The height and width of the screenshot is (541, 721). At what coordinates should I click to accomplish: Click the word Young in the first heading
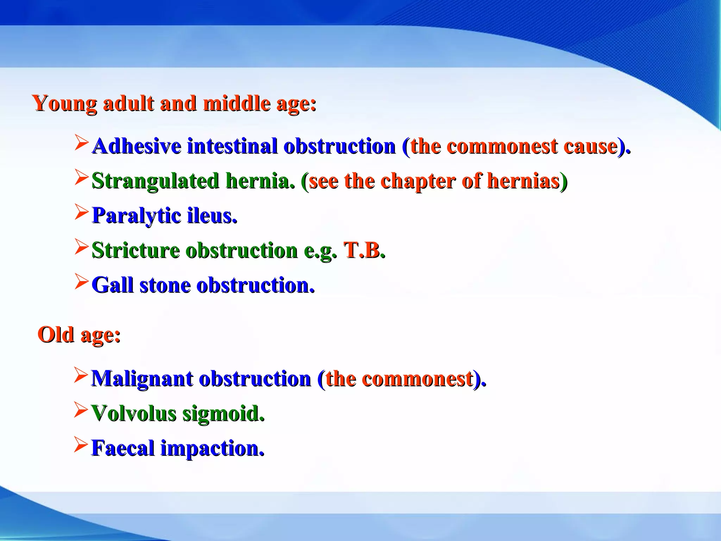tap(64, 104)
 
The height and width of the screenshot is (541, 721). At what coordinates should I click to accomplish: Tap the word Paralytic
tap(136, 216)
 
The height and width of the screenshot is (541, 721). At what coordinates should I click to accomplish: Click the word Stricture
tap(136, 250)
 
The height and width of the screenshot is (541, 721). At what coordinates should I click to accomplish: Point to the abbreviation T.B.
tap(364, 250)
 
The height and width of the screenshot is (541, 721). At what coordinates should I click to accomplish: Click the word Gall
tap(112, 285)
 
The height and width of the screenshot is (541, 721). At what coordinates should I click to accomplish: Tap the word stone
tap(165, 285)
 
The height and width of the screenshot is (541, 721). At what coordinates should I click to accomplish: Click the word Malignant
tap(142, 379)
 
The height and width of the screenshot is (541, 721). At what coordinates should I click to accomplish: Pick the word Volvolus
tap(133, 413)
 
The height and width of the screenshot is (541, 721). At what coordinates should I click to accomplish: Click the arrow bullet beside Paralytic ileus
tap(81, 213)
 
